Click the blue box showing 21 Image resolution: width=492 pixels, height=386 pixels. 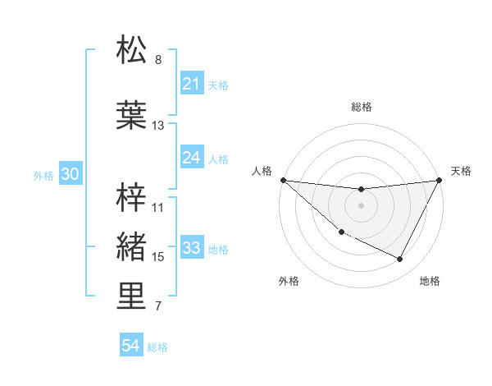pyautogui.click(x=192, y=84)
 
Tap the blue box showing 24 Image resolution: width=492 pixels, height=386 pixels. pyautogui.click(x=192, y=158)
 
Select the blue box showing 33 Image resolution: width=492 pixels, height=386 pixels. pyautogui.click(x=192, y=248)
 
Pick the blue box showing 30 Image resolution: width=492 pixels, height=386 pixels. pyautogui.click(x=70, y=174)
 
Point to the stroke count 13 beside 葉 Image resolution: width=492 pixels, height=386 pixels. pyautogui.click(x=158, y=126)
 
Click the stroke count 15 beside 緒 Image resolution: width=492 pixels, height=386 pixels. pyautogui.click(x=158, y=257)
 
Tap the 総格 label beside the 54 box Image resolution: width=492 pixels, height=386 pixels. pyautogui.click(x=157, y=347)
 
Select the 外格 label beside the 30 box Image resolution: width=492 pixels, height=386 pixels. pyautogui.click(x=43, y=175)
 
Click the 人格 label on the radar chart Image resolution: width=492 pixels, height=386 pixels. pyautogui.click(x=262, y=171)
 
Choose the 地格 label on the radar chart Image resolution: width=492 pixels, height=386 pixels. pyautogui.click(x=430, y=281)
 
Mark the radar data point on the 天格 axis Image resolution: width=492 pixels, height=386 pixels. pyautogui.click(x=440, y=180)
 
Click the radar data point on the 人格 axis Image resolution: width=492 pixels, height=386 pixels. pyautogui.click(x=283, y=180)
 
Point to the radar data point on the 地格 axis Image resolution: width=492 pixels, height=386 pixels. pyautogui.click(x=400, y=260)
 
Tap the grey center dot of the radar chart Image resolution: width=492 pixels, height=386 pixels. pyautogui.click(x=362, y=205)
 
